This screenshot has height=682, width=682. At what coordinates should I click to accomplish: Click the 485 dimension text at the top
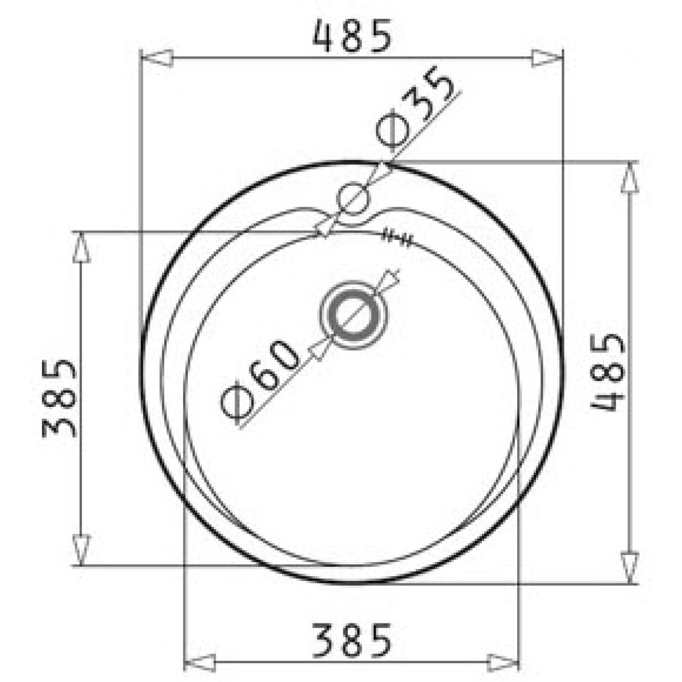tap(352, 36)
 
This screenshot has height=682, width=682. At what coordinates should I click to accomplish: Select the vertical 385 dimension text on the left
tap(59, 399)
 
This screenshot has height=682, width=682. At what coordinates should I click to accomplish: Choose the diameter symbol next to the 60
tap(237, 405)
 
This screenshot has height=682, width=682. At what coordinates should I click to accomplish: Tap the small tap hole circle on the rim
tap(353, 198)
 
